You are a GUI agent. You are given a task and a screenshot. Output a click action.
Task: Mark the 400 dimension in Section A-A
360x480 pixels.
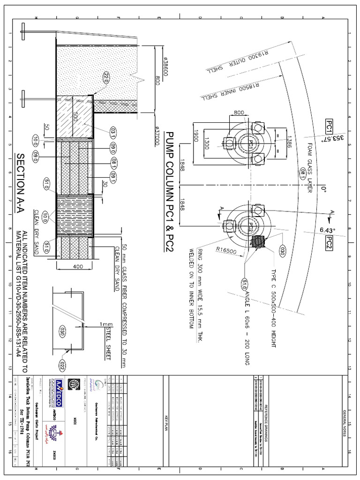78,267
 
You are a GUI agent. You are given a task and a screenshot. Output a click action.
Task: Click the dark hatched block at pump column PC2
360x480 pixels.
259,242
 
